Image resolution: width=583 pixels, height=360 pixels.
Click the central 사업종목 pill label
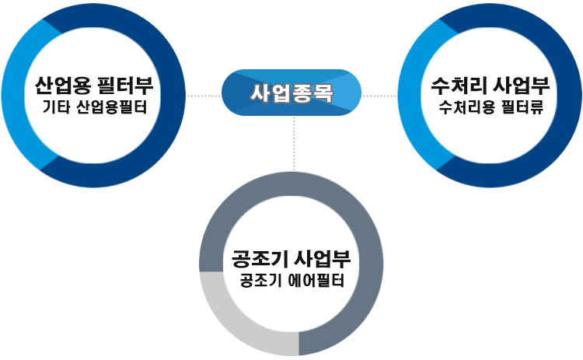click(291, 94)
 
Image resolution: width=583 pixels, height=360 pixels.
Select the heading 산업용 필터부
click(93, 84)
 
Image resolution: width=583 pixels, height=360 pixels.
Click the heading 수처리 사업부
click(490, 85)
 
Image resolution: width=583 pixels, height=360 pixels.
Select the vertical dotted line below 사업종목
click(294, 144)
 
